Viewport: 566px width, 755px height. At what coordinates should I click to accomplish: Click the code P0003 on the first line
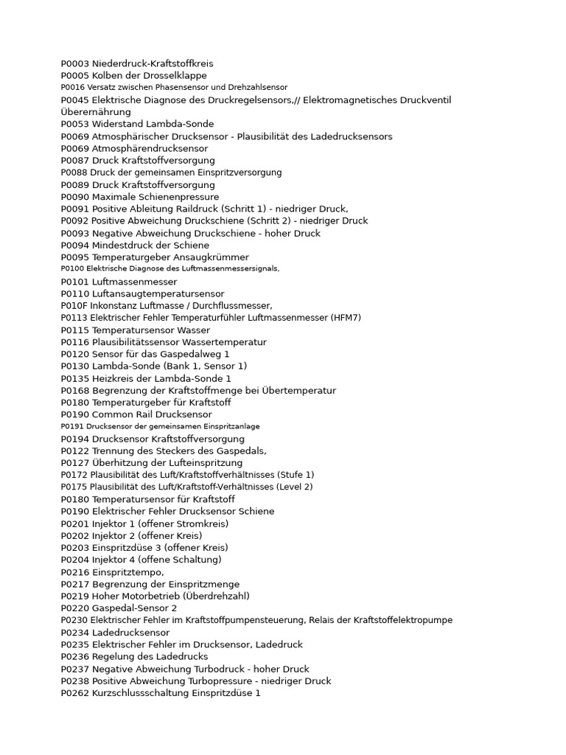(74, 63)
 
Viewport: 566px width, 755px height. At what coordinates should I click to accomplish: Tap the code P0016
(73, 87)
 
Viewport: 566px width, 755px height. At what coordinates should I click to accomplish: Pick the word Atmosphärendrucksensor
(150, 148)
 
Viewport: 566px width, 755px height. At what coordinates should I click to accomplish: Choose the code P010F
(74, 305)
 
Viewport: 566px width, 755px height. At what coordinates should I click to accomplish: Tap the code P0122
(74, 450)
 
